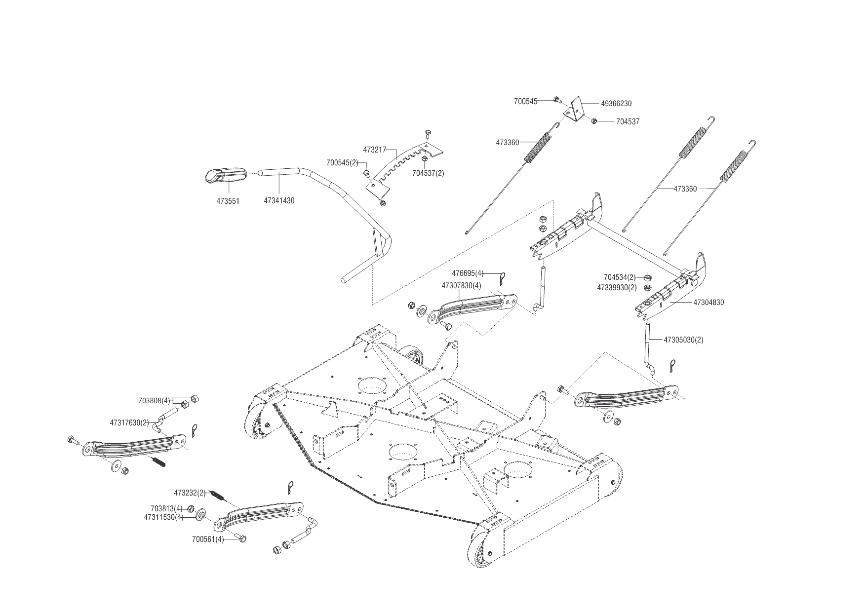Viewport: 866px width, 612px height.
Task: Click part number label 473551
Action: tap(228, 201)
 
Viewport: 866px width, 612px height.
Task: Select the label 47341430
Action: tap(279, 201)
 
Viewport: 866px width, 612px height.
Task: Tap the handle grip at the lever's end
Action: tap(225, 175)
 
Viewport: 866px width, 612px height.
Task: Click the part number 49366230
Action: tap(616, 104)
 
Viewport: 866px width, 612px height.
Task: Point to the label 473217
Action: tap(374, 149)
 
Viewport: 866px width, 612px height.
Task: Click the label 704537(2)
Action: tap(428, 173)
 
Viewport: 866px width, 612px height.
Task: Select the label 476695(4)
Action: tap(468, 273)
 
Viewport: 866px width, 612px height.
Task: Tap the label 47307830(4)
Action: tap(461, 286)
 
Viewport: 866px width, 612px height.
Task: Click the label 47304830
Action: tap(709, 303)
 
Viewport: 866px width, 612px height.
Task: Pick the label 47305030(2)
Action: tap(683, 340)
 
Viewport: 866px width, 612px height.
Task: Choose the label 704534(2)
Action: tap(620, 277)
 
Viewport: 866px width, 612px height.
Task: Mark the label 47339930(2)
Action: tap(616, 287)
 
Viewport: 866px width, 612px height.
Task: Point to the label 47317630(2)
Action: tap(129, 422)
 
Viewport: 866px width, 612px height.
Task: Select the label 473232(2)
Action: tap(190, 493)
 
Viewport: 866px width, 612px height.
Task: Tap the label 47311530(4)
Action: tap(163, 517)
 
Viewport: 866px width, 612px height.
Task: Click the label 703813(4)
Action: tap(166, 509)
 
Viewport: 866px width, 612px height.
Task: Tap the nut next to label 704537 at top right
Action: tap(595, 121)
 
